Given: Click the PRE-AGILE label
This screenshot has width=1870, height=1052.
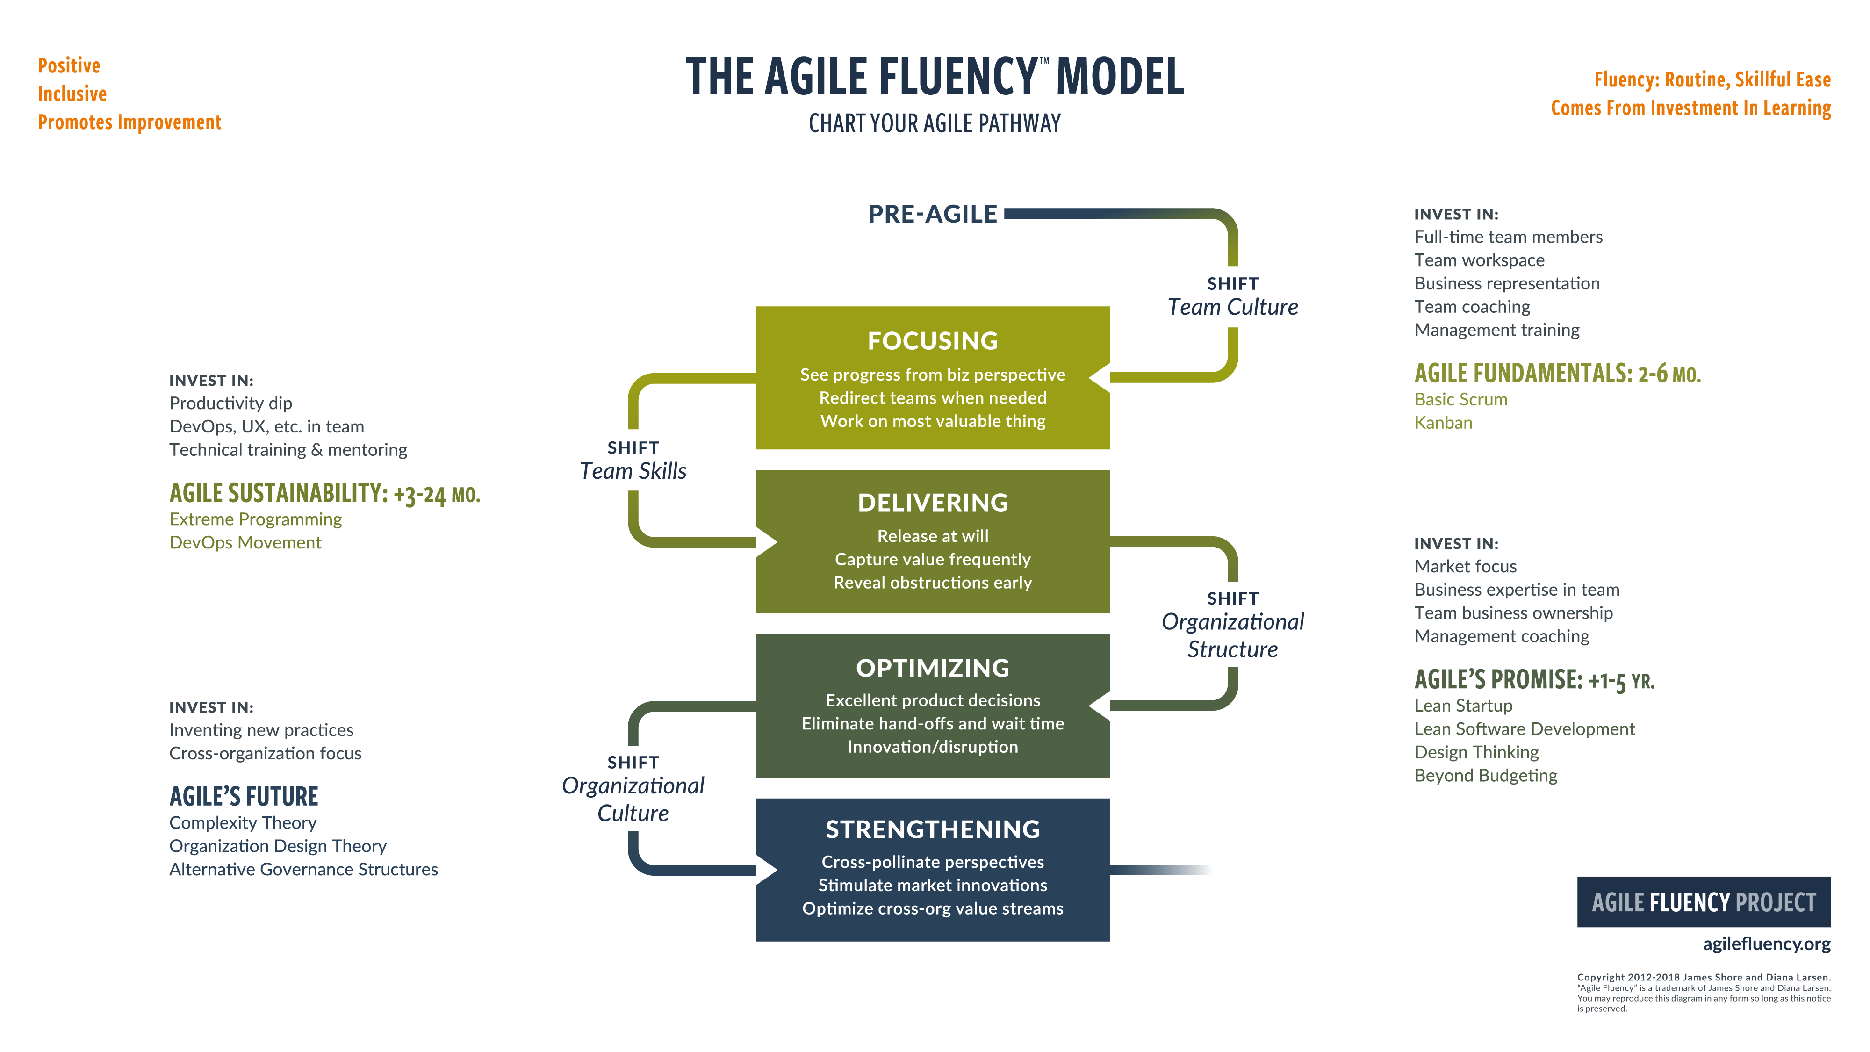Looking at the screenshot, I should tap(932, 214).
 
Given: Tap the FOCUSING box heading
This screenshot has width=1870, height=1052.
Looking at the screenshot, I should tap(933, 340).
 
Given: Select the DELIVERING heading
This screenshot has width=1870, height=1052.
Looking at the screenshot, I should tap(933, 503).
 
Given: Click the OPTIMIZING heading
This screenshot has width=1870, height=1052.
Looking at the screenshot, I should tap(933, 668).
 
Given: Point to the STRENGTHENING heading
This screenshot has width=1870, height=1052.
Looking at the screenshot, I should tap(933, 829).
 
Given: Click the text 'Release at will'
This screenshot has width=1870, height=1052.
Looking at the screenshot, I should tap(933, 536).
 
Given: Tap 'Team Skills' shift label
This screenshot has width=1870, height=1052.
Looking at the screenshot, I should tap(633, 471).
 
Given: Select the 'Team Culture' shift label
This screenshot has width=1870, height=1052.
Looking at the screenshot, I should tap(1233, 307).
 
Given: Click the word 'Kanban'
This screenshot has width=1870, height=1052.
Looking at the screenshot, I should tap(1443, 423).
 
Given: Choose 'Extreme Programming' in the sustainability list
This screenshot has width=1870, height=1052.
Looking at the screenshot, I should tap(256, 519).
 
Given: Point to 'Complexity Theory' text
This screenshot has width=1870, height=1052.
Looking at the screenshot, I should tap(243, 822).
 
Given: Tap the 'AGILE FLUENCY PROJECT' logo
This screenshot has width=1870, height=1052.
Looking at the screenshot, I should tap(1703, 902).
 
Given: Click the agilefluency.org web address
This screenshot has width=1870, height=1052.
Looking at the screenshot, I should tap(1766, 944).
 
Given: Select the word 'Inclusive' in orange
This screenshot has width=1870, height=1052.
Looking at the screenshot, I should tap(72, 94).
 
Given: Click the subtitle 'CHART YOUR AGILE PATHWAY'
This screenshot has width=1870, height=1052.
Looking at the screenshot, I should tap(934, 123).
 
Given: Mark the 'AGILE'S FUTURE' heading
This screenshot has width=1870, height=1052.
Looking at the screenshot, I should tap(244, 796).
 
